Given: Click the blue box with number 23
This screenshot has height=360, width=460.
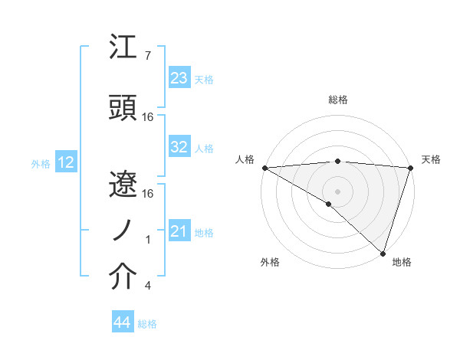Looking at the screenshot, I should click(179, 78).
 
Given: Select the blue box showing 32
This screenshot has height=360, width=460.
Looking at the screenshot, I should click(179, 148).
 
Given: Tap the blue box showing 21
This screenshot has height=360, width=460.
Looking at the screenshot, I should click(179, 231).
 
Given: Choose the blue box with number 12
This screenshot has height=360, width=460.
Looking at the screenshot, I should click(65, 162).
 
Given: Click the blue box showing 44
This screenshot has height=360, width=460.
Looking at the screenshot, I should click(122, 323).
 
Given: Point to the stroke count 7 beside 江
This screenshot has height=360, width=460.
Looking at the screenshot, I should click(147, 56).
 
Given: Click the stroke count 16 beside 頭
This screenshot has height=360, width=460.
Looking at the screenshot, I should click(149, 117).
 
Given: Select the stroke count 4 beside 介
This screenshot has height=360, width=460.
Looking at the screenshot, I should click(147, 286).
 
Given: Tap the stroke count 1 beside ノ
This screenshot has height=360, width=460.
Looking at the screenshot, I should click(147, 240).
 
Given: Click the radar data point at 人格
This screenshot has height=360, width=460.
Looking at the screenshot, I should click(264, 168).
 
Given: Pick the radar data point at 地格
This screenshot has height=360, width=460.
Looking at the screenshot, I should click(383, 253).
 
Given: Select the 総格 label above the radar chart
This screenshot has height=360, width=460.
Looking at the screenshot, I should click(337, 100).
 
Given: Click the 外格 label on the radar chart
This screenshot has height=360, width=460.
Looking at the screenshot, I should click(270, 263).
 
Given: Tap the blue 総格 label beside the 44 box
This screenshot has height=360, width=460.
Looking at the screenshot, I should click(147, 324).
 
